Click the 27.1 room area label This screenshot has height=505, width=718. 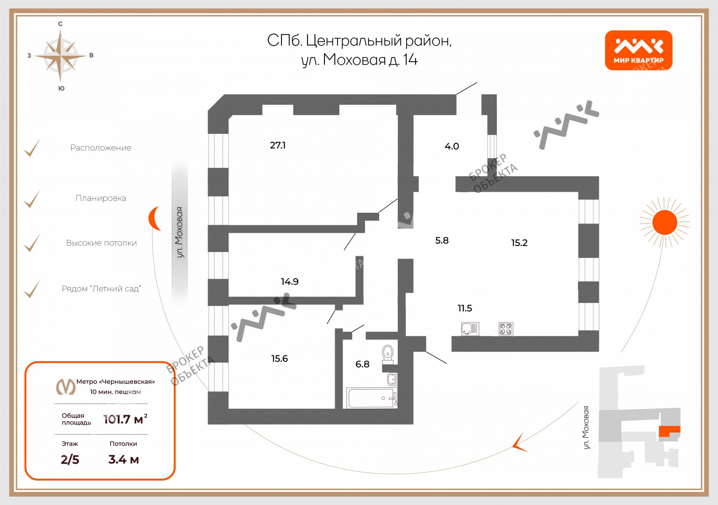coord(278,145)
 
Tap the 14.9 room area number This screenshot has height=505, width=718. coord(289,281)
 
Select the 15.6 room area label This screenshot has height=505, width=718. coord(280,359)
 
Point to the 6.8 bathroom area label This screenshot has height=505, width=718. coord(362,364)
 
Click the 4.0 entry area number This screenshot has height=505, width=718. coord(452,146)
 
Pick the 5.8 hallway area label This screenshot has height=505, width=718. coord(442,240)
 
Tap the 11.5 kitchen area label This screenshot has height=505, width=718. coord(465,309)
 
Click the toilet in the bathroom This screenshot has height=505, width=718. coord(388,354)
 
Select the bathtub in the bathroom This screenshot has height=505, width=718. coord(372,398)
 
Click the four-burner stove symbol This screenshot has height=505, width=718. coord(506,329)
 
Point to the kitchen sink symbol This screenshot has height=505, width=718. coord(470,329)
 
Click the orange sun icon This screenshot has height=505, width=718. coord(665,222)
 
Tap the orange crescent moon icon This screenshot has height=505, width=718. coord(154,218)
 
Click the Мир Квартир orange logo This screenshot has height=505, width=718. coord(639,50)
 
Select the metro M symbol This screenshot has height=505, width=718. coord(66,387)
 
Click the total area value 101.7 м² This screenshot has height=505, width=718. coord(125,419)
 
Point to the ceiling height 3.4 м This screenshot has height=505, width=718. coord(123,460)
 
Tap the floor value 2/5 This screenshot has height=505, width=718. coord(70,460)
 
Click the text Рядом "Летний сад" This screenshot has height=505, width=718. coord(101,289)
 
